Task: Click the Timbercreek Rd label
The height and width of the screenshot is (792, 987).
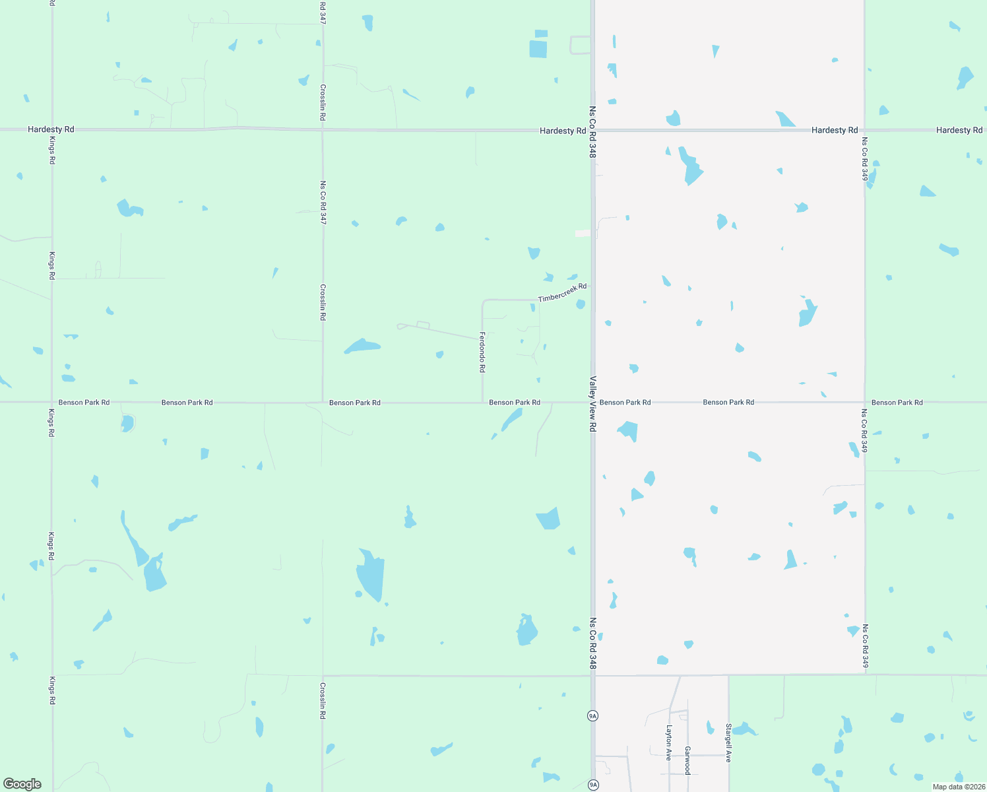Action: pyautogui.click(x=562, y=293)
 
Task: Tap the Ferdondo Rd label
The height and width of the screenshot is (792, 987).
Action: pyautogui.click(x=482, y=352)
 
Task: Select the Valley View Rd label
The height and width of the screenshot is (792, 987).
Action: pyautogui.click(x=592, y=404)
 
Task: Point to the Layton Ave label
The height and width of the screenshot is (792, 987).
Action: pyautogui.click(x=669, y=742)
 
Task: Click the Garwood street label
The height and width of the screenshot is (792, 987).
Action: pyautogui.click(x=687, y=760)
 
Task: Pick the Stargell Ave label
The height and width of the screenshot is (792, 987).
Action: pyautogui.click(x=728, y=743)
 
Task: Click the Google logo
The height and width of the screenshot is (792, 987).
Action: pyautogui.click(x=22, y=784)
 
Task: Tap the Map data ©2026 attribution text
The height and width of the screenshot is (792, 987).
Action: pyautogui.click(x=959, y=787)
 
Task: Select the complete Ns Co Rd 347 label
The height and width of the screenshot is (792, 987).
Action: pyautogui.click(x=323, y=203)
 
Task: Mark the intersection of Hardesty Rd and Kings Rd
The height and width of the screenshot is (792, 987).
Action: pyautogui.click(x=52, y=129)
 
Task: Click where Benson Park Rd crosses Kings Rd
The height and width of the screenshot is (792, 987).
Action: pyautogui.click(x=52, y=402)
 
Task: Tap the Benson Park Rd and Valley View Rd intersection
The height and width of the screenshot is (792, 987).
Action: pyautogui.click(x=592, y=402)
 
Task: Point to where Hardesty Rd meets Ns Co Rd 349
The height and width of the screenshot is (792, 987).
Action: pyautogui.click(x=864, y=130)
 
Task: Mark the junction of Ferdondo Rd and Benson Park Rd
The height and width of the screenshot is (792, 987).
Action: pyautogui.click(x=482, y=402)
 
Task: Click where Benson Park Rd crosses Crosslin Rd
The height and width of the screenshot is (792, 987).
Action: pyautogui.click(x=323, y=402)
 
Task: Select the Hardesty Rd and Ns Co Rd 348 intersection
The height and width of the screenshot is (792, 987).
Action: pyautogui.click(x=592, y=130)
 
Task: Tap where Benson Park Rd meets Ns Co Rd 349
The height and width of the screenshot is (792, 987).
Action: pyautogui.click(x=864, y=402)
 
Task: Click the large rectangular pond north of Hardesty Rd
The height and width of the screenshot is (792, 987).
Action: pyautogui.click(x=538, y=48)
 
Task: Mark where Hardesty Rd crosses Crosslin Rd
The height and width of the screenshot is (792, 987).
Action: pyautogui.click(x=323, y=129)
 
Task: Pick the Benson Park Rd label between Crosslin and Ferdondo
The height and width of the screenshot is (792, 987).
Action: pyautogui.click(x=354, y=403)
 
